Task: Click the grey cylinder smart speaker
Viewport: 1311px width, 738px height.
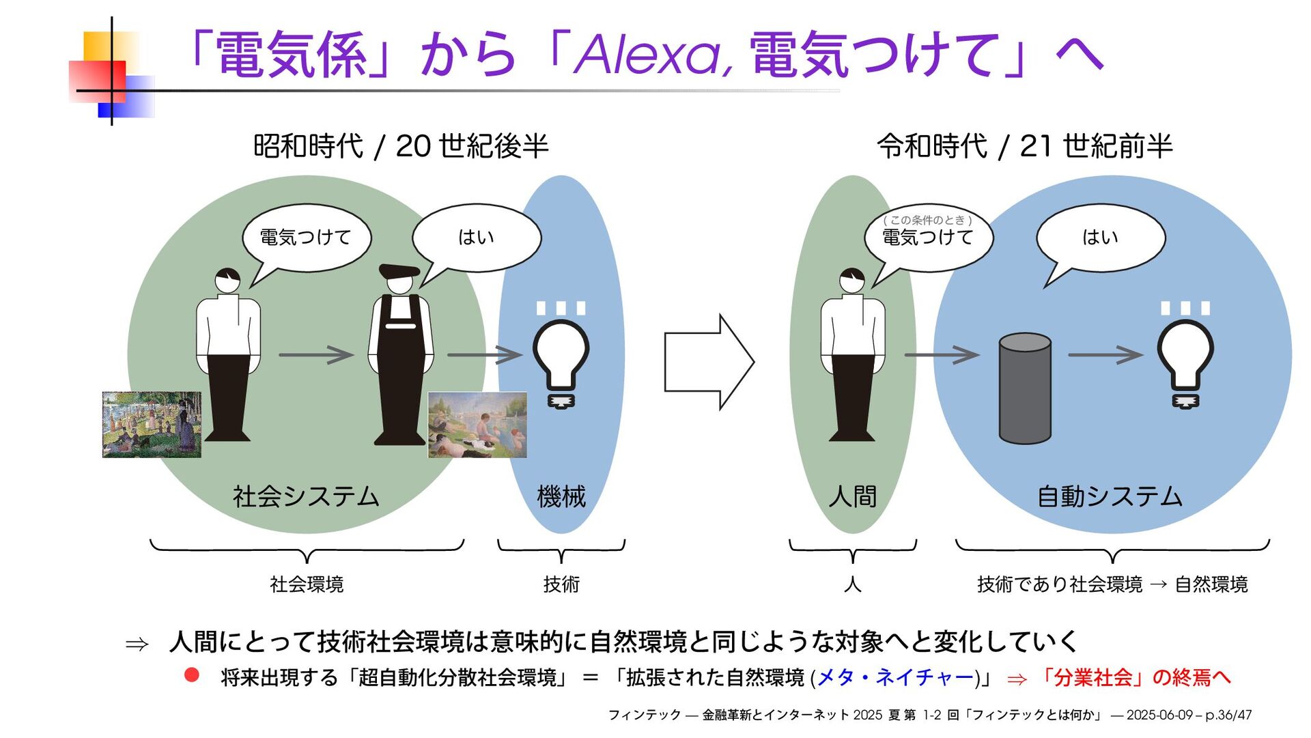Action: click(x=1024, y=388)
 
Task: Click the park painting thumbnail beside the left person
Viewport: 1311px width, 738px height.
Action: click(x=152, y=424)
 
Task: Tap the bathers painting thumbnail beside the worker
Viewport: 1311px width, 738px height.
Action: click(x=477, y=425)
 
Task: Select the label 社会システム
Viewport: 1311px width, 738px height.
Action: click(x=306, y=496)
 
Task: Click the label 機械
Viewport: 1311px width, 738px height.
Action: click(x=561, y=496)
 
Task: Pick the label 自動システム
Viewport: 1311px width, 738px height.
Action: click(x=1110, y=496)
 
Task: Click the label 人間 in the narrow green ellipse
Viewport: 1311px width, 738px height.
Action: click(x=852, y=496)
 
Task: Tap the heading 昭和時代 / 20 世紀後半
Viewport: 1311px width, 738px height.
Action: click(x=401, y=146)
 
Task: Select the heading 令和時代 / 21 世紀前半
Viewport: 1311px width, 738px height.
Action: click(x=1024, y=146)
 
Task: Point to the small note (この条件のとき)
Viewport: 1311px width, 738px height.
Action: click(x=927, y=220)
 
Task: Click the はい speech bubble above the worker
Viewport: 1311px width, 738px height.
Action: click(x=476, y=238)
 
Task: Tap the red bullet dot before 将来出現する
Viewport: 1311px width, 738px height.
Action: click(x=192, y=675)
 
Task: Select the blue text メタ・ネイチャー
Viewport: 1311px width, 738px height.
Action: click(x=895, y=677)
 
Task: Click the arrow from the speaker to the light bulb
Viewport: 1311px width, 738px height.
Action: click(x=1105, y=355)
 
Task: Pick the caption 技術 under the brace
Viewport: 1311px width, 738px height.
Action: click(x=561, y=584)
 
